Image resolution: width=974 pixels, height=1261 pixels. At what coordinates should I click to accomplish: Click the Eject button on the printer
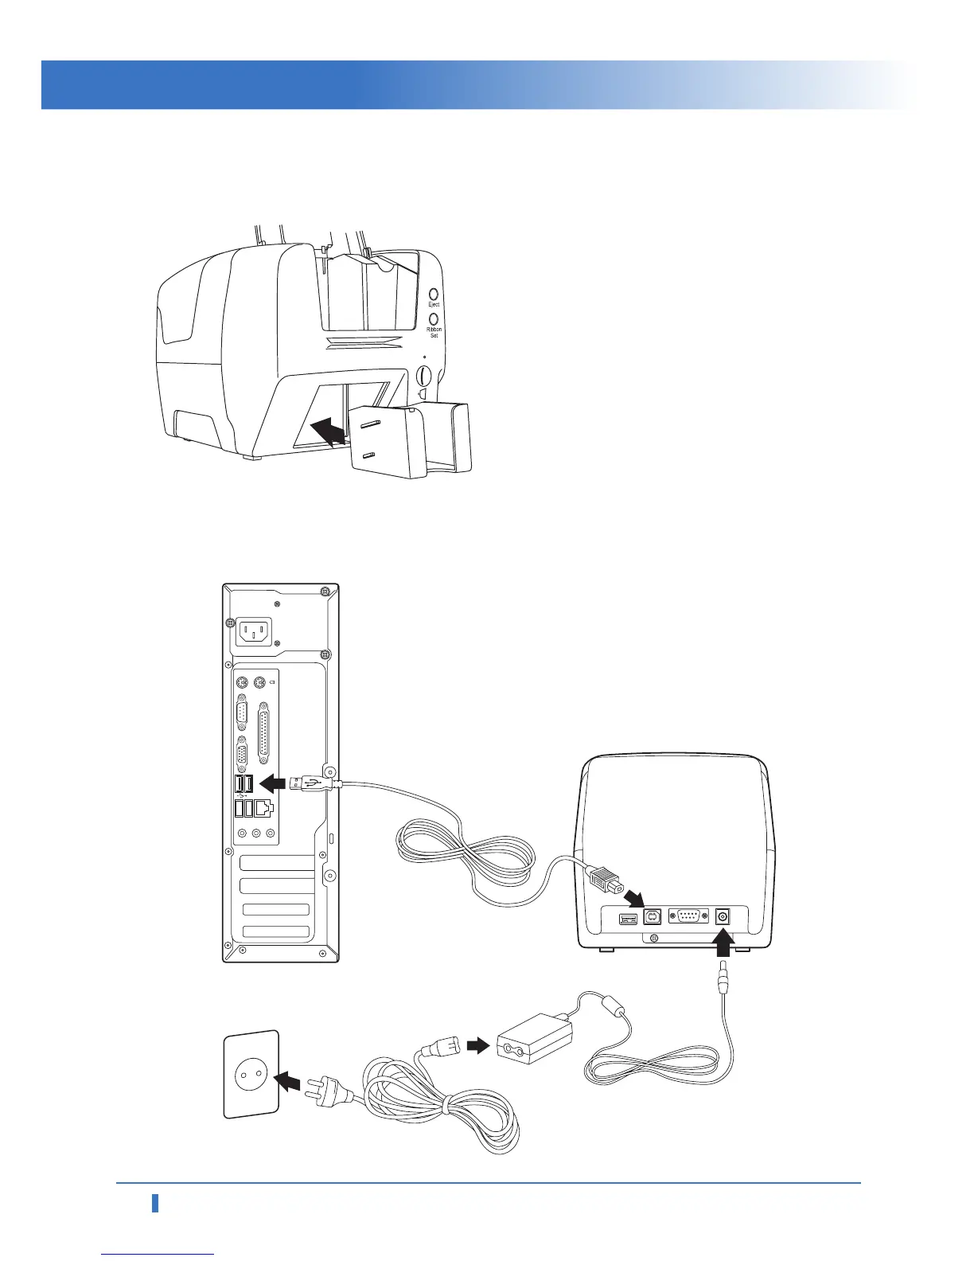[x=434, y=294]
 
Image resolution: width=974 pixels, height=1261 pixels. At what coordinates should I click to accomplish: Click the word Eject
[x=434, y=305]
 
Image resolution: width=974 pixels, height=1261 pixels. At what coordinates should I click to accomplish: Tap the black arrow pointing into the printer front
[x=328, y=433]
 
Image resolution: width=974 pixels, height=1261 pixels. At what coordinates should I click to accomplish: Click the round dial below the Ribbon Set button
[x=424, y=374]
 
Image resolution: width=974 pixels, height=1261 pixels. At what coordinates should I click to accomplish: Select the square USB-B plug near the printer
[x=605, y=880]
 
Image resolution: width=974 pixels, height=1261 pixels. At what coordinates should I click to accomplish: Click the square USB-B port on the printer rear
[x=653, y=916]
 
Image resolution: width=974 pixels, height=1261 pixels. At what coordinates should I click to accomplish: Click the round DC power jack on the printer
[x=723, y=916]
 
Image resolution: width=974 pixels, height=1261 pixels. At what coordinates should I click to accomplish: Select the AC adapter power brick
[x=534, y=1038]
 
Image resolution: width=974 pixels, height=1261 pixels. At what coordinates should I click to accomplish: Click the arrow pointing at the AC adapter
[x=477, y=1046]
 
